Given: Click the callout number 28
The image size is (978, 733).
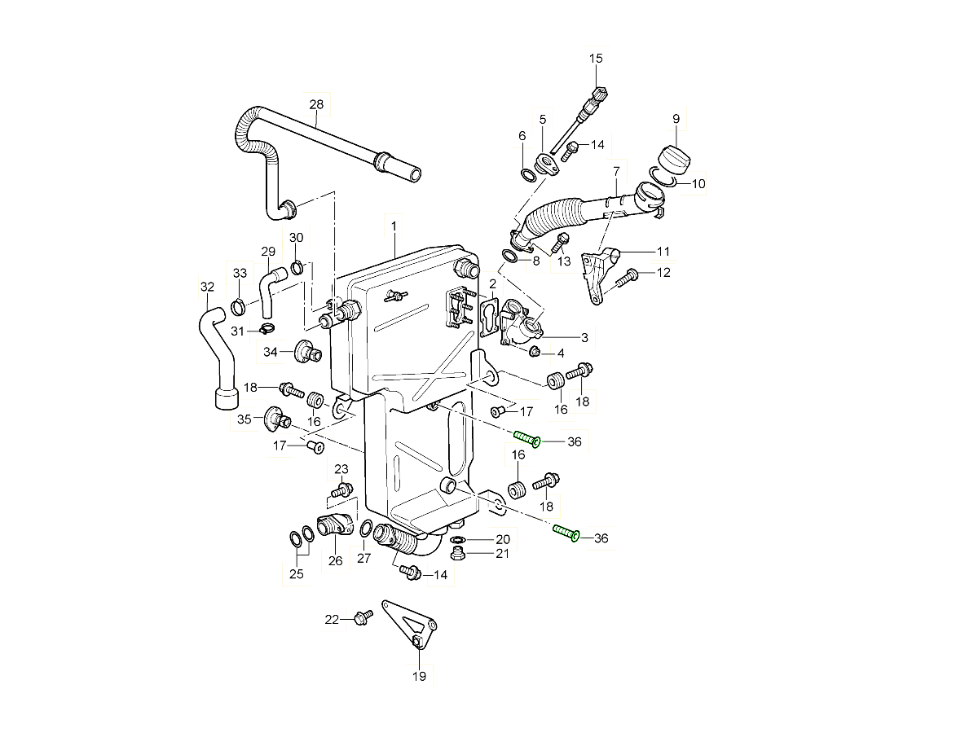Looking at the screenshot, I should coord(316,104).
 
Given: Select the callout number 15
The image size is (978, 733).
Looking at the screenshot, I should coord(596,58).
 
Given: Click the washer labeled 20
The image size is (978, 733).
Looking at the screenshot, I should coord(458,540).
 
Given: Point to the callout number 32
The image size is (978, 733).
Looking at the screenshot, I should coord(207,287).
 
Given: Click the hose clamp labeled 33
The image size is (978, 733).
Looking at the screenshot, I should coord(238,307).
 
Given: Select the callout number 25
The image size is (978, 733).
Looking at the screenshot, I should coord(297,574).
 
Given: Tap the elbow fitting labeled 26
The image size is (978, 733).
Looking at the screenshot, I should coord(335,526).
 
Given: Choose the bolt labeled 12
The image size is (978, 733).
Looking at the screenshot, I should coord(626,278).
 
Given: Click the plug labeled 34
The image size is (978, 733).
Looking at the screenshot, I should coord(309,352).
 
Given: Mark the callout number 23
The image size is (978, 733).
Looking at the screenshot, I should coord(341,469).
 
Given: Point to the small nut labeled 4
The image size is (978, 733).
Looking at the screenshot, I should coord(535,351).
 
